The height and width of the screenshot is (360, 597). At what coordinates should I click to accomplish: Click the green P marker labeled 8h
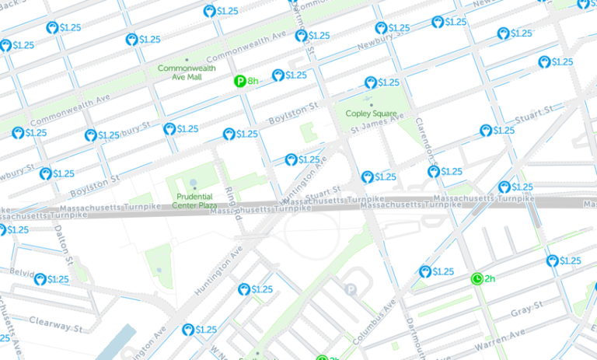pos(241,81)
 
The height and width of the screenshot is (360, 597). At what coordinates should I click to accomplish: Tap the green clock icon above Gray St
pos(477,278)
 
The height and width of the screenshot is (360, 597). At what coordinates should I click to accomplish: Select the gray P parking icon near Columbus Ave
pos(351,290)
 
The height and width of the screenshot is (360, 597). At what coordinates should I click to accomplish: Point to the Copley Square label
pos(372,114)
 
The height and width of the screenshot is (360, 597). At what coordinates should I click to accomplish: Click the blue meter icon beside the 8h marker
pos(278,75)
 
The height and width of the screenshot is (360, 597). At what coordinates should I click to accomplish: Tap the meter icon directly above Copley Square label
pos(371,82)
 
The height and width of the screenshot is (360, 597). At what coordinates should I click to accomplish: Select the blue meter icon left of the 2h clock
pos(425,271)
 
